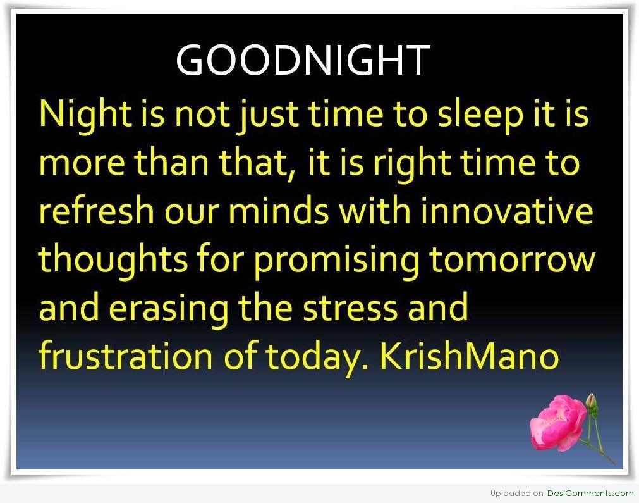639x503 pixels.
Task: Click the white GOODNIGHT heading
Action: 303,60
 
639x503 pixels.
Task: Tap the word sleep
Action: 480,115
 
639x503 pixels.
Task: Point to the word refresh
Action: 96,211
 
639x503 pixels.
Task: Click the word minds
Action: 279,211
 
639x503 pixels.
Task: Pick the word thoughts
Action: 113,260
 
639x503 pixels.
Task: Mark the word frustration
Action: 126,356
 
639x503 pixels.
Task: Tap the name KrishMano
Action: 469,356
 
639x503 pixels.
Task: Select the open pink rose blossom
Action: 557,423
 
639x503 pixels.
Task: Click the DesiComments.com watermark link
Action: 590,494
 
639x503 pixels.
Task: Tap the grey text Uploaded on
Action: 517,494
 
